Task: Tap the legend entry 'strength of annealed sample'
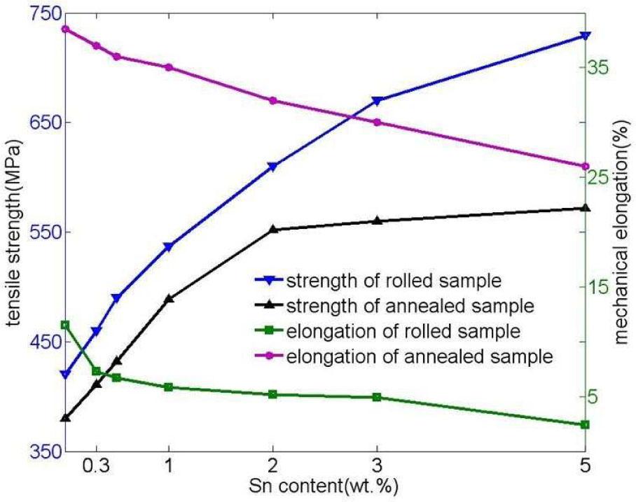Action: pos(410,306)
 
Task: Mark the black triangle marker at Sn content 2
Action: pos(273,229)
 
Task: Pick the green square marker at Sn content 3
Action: pos(377,397)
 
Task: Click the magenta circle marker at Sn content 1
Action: pos(169,67)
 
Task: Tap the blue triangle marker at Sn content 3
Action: pos(377,101)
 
